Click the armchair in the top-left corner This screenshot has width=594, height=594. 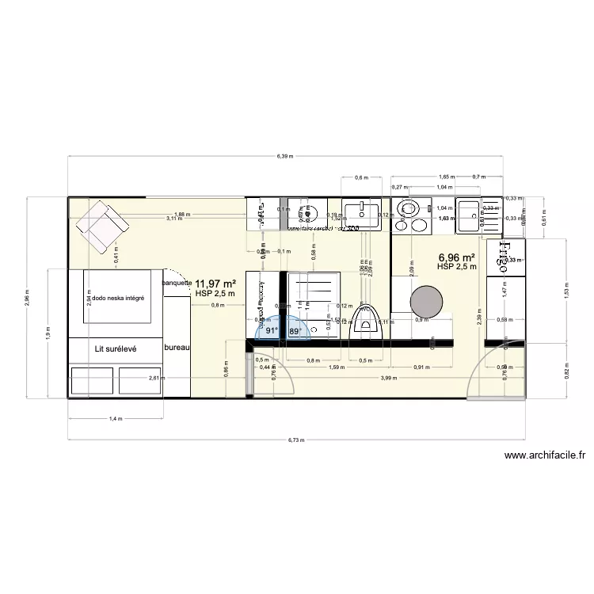tap(102, 226)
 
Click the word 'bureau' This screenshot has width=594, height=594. tap(177, 348)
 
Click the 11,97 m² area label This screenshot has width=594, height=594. tap(215, 284)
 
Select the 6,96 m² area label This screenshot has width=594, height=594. tap(456, 257)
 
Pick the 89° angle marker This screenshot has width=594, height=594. tap(295, 332)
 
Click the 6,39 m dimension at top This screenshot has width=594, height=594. tap(285, 157)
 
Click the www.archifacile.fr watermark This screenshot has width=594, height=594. tap(544, 455)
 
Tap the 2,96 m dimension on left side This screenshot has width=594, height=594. tap(26, 297)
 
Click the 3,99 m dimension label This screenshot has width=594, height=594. tap(388, 379)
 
